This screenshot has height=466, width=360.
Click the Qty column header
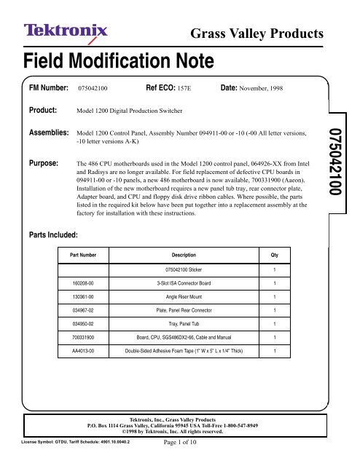(x=273, y=256)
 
